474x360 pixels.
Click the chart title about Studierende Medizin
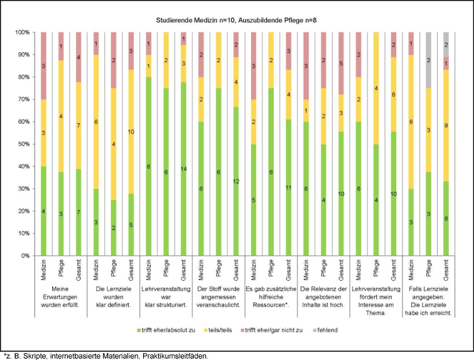coord(237,21)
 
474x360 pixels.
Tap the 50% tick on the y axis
coord(24,144)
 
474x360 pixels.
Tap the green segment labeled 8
coord(148,166)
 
